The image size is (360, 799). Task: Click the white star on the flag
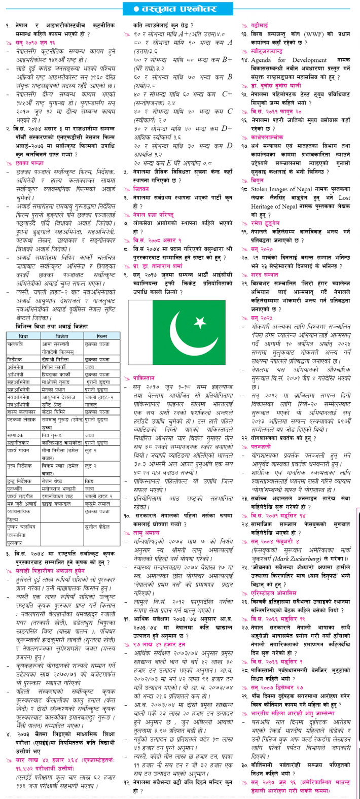click(200, 323)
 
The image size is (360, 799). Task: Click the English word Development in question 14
click(309, 60)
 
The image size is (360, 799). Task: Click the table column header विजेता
click(62, 336)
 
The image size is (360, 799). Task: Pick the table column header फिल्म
click(102, 336)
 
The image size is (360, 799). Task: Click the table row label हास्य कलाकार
click(19, 411)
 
